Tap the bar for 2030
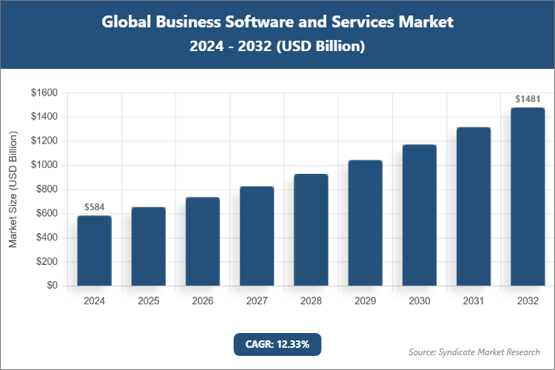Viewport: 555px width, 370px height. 419,215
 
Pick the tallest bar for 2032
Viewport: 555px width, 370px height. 528,196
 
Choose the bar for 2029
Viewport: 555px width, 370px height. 365,222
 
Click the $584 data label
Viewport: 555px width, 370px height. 94,207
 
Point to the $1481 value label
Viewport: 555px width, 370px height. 528,98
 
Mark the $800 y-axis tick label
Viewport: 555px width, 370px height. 47,189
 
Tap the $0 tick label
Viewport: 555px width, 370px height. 52,286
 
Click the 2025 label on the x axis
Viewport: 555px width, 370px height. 148,301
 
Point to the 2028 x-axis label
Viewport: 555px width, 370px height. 311,301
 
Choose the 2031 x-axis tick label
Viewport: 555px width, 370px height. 474,301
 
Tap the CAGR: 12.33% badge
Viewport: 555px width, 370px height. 277,344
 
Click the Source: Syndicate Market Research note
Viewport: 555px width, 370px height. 474,351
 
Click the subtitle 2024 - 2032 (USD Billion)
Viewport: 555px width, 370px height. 277,46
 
